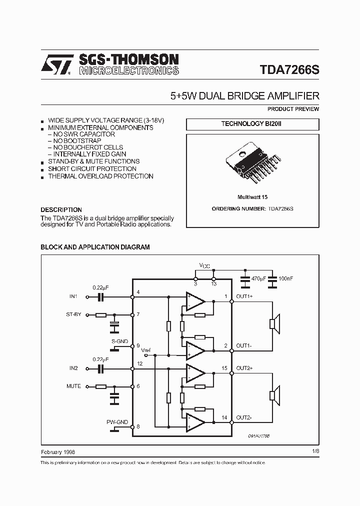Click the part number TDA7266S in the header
tap(289, 70)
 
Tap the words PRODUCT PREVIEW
tap(293, 109)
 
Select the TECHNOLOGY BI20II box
tap(252, 124)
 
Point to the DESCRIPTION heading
tap(61, 210)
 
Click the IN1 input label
tap(73, 296)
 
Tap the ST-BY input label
tap(73, 315)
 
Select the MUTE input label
tap(73, 386)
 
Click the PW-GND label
tap(117, 422)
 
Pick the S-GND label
tap(120, 341)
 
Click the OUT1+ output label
tap(244, 296)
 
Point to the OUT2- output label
tap(244, 418)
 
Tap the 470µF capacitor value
tap(258, 277)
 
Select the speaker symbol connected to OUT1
tap(273, 324)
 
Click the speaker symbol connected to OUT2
tap(273, 396)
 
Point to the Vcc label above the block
tap(204, 265)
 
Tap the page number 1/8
tap(315, 451)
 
